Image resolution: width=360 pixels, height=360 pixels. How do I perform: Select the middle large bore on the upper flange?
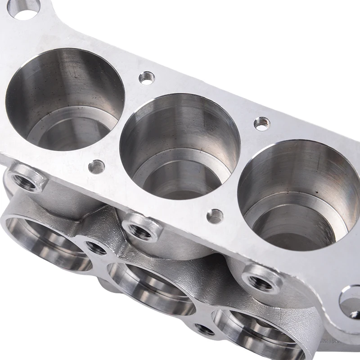180,144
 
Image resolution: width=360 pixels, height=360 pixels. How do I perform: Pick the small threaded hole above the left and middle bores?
147,77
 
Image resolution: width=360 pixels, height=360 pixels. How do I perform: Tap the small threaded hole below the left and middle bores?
96,167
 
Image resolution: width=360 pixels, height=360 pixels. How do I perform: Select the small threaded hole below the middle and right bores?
215,216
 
